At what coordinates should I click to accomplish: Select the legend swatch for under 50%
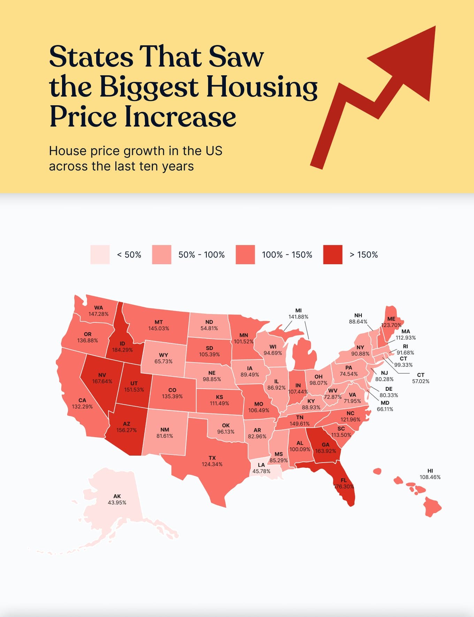point(100,254)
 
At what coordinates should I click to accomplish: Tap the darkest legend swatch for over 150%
point(332,254)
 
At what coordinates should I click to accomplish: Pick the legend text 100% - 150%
point(287,255)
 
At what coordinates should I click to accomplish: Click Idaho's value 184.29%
point(122,350)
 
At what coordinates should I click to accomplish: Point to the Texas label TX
point(212,458)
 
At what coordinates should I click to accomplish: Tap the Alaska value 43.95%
point(117,502)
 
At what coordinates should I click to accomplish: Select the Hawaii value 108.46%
point(430,477)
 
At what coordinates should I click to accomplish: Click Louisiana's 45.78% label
point(261,471)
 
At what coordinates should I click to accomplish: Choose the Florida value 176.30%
point(344,486)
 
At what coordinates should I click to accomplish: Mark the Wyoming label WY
point(163,355)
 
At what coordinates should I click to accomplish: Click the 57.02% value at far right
point(421,381)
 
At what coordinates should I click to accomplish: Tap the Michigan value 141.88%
point(298,317)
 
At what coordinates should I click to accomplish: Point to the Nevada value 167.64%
point(102,381)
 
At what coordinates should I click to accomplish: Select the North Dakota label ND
point(209,322)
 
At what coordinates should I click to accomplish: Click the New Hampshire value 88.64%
point(358,321)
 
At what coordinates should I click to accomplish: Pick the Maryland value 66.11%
point(385,409)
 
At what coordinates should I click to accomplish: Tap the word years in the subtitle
point(177,166)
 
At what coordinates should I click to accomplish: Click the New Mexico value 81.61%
point(165,436)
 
